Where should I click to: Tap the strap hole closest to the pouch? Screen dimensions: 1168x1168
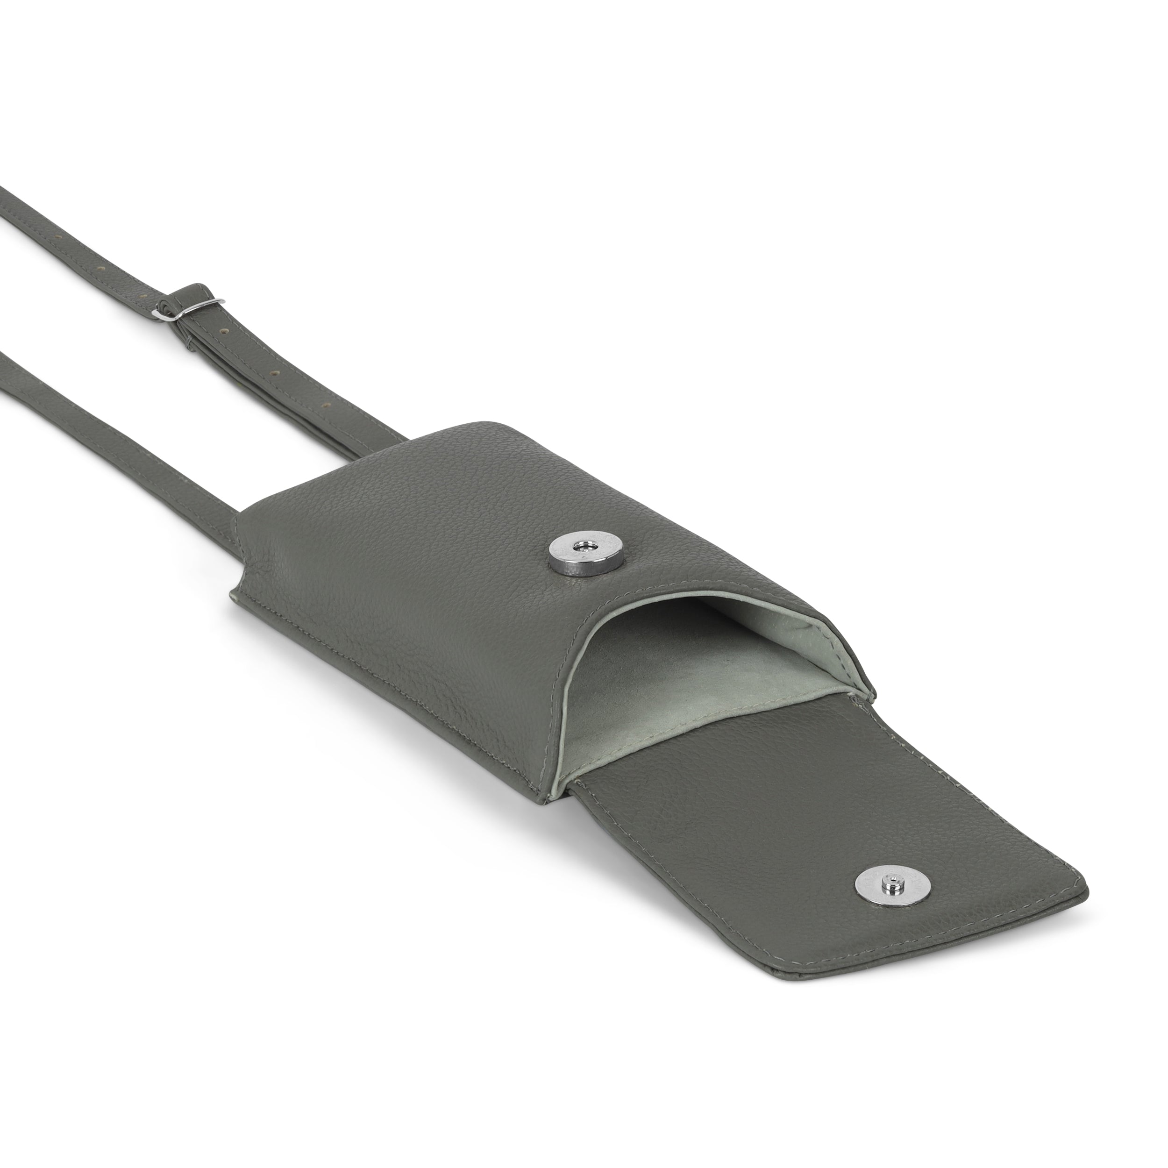[x=327, y=405]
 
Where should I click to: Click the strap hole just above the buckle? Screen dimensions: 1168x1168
[x=143, y=296]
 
